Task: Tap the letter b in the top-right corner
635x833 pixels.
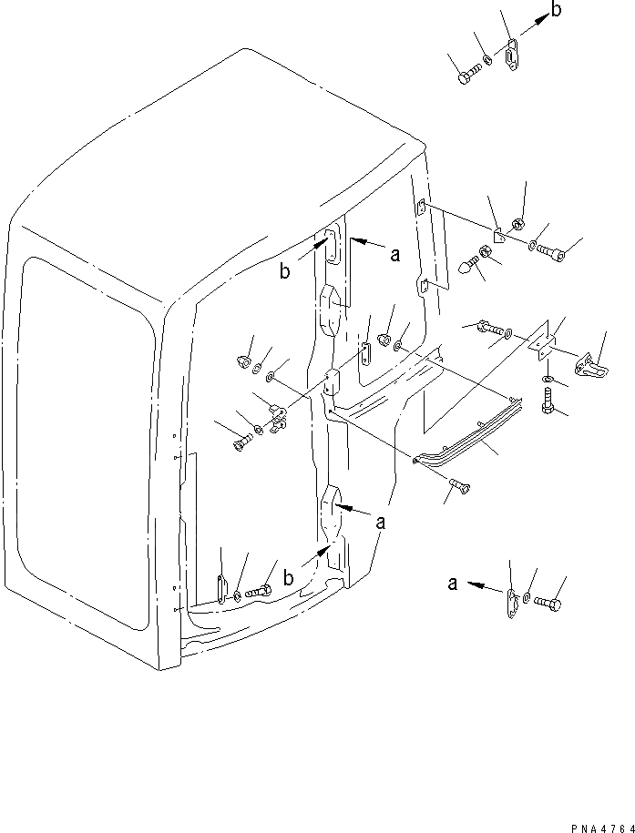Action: (x=557, y=12)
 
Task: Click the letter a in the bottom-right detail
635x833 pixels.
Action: (x=453, y=584)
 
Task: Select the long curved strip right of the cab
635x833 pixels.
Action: (x=474, y=437)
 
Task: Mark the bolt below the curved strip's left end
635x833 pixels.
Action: (x=459, y=489)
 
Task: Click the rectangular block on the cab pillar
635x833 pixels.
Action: (x=330, y=382)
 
